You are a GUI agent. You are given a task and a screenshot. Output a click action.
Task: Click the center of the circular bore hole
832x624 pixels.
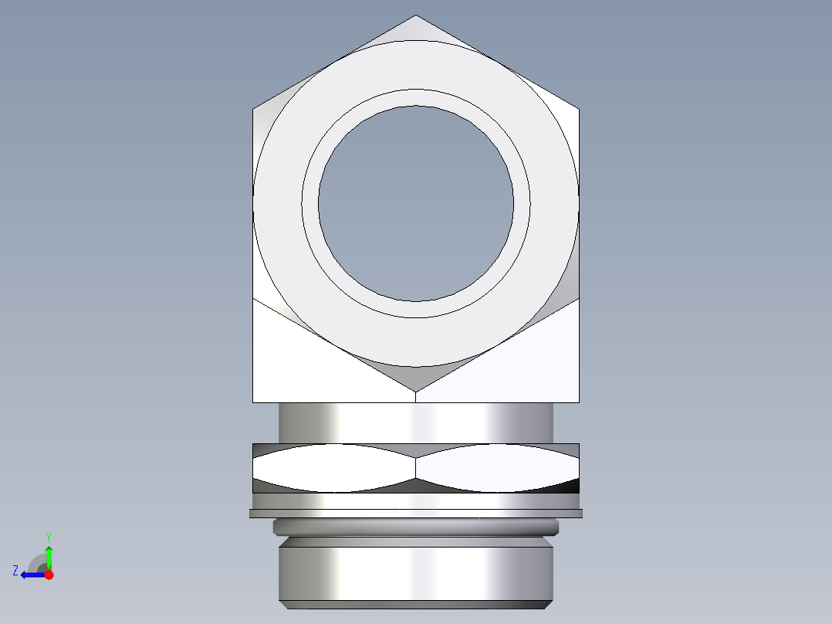pyautogui.click(x=416, y=204)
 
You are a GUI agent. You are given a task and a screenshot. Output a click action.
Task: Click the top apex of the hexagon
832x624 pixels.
pyautogui.click(x=416, y=16)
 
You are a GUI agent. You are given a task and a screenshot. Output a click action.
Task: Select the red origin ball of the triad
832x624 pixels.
pyautogui.click(x=49, y=575)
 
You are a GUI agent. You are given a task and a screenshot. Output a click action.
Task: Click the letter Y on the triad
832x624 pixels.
pyautogui.click(x=48, y=535)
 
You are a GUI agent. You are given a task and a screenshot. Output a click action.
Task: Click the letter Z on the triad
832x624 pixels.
pyautogui.click(x=15, y=571)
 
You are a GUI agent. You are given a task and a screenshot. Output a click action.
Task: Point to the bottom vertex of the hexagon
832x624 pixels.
pyautogui.click(x=416, y=391)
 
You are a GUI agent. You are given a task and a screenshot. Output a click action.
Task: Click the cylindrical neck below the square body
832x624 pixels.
pyautogui.click(x=416, y=422)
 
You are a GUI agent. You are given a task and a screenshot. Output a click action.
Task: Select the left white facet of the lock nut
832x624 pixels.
pyautogui.click(x=332, y=468)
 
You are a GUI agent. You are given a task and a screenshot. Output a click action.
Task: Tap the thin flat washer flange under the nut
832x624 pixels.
pyautogui.click(x=416, y=513)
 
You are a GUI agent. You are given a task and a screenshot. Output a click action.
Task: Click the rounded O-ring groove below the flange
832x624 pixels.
pyautogui.click(x=416, y=527)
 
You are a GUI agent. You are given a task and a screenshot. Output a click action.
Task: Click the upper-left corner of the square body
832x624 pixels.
pyautogui.click(x=255, y=110)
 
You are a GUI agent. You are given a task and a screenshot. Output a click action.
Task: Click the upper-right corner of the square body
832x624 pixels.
pyautogui.click(x=577, y=110)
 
